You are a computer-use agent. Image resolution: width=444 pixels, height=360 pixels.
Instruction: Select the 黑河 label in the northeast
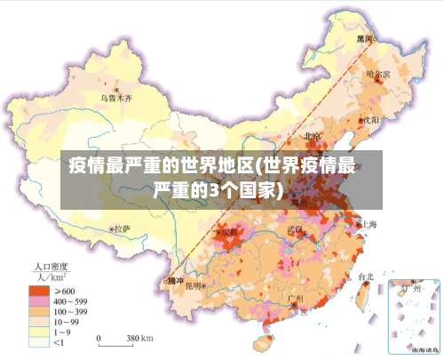click(x=365, y=39)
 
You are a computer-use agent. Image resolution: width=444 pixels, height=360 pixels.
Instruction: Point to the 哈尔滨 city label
click(x=377, y=73)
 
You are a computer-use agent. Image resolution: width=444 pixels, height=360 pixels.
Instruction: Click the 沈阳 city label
click(x=369, y=118)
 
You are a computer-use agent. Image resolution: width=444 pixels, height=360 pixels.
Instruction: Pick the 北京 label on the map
click(x=312, y=136)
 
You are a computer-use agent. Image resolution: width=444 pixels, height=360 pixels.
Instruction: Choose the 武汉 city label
click(x=295, y=229)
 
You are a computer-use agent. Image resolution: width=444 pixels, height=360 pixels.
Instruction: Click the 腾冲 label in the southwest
click(x=175, y=281)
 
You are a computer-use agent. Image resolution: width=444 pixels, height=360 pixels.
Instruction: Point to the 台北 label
click(x=365, y=276)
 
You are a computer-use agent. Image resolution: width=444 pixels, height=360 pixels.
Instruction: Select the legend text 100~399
click(x=70, y=311)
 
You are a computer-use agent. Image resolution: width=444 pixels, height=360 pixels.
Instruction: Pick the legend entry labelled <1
click(x=59, y=342)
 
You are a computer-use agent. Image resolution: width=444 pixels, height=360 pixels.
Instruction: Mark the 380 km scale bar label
click(x=139, y=339)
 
